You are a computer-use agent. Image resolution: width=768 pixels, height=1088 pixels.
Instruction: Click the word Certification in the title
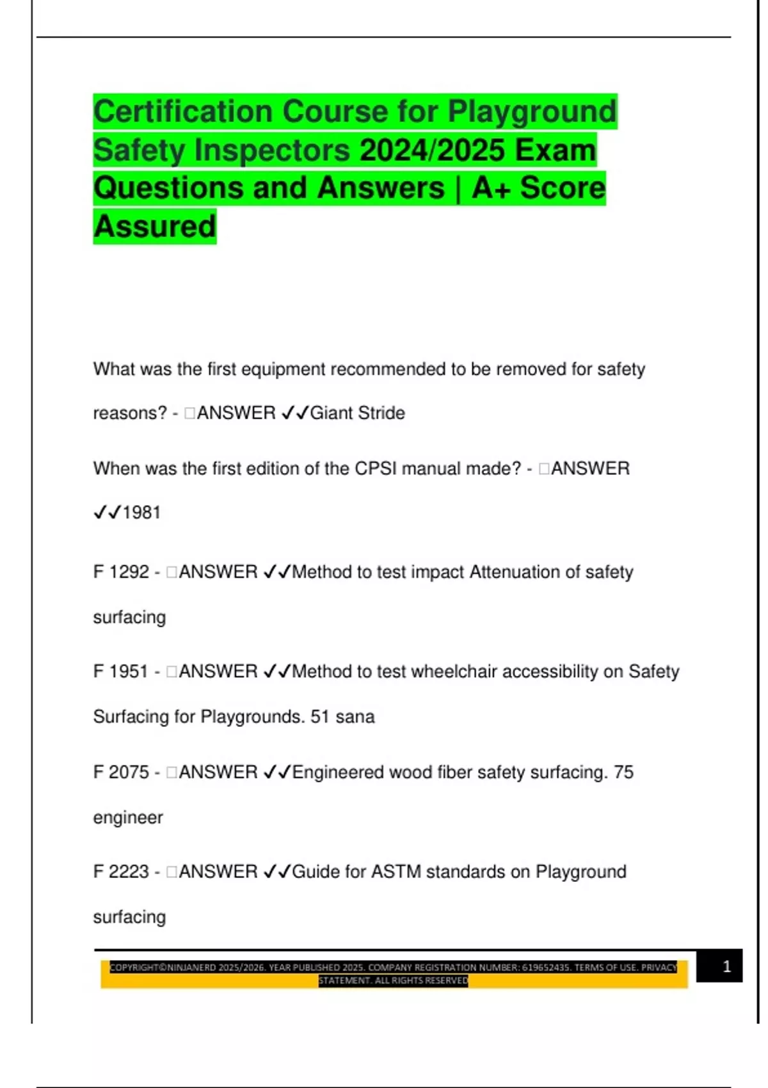(184, 112)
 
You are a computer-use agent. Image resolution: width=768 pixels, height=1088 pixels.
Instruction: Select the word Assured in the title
(155, 227)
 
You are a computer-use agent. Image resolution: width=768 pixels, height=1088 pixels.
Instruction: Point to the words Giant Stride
(357, 413)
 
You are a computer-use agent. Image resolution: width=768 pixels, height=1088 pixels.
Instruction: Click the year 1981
(141, 513)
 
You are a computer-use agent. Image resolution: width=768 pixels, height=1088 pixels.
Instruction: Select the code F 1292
(121, 572)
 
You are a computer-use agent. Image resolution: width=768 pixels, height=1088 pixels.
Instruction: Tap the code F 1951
(121, 672)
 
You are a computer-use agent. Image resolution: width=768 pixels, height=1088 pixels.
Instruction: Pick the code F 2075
(121, 772)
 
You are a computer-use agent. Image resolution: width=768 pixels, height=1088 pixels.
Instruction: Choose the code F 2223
(121, 872)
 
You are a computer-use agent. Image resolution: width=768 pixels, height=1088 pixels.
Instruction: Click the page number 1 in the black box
(726, 966)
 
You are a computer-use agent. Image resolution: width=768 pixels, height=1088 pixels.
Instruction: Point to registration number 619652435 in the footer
(545, 968)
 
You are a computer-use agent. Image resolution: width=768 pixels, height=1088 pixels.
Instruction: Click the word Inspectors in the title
(272, 150)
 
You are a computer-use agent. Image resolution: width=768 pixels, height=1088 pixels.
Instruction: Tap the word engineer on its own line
(128, 818)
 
